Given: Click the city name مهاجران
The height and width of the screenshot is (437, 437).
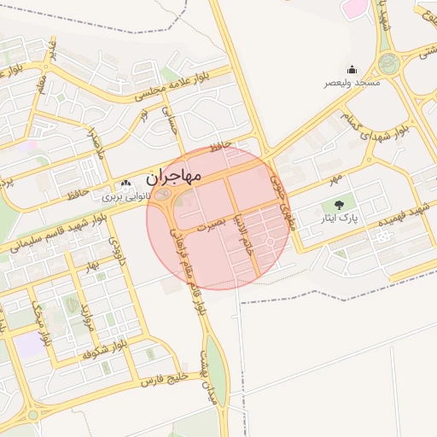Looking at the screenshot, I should pos(173,178).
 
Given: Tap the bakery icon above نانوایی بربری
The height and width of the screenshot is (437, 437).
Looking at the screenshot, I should pos(126,184).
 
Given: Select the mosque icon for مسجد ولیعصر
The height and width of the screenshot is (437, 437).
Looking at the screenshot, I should pos(352,70).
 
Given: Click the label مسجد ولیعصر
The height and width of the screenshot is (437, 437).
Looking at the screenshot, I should pos(352,83).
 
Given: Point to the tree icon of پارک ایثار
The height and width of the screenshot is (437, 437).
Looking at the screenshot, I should pos(340,205).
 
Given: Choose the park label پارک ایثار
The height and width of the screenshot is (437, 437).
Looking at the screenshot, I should pos(340,218).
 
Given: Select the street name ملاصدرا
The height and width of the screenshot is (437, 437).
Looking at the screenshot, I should pos(95,142).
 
